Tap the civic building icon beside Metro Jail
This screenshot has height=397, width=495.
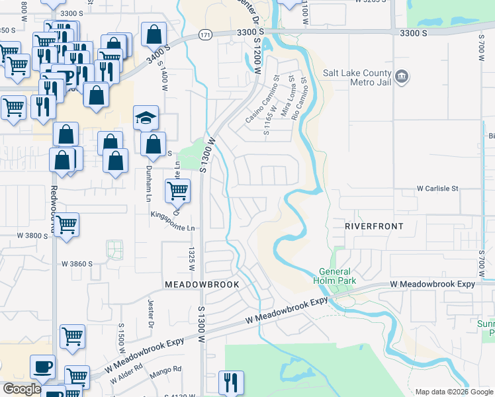coord(402,78)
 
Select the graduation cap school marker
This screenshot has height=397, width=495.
coord(146,118)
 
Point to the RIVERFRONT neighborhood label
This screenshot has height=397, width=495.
coord(374,226)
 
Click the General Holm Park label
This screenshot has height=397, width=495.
coord(337,276)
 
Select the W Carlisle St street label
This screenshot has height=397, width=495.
coord(437,189)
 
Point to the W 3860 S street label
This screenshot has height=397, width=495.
coord(77,263)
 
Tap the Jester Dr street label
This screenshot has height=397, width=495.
coord(150,314)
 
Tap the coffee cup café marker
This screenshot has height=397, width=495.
coord(42,367)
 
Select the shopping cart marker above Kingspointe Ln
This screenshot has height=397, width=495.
coord(177,192)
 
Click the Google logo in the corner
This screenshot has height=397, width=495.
coord(22,389)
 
